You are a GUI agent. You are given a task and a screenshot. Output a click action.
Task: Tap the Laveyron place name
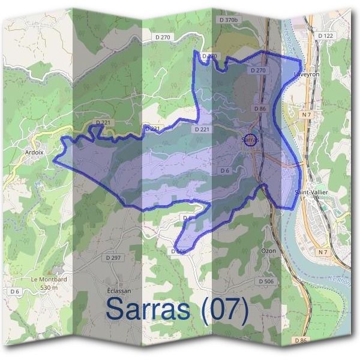point(306,75)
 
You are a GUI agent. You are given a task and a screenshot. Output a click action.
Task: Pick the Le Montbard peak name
point(49,280)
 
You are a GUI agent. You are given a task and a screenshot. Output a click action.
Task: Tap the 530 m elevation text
point(49,287)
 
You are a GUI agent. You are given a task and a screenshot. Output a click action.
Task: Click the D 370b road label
point(229,20)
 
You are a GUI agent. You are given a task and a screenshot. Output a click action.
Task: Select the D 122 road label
point(325,36)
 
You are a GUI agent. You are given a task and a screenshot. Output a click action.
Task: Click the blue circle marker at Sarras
point(251,139)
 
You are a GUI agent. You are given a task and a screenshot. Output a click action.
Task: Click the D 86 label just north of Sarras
point(260,109)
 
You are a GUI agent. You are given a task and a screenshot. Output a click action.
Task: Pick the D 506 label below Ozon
point(265,281)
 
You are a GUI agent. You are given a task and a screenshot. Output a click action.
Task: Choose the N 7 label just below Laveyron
point(307,114)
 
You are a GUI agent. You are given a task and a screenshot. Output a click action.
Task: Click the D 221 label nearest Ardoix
point(104,123)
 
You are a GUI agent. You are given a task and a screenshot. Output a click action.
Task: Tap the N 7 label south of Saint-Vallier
point(324,252)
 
